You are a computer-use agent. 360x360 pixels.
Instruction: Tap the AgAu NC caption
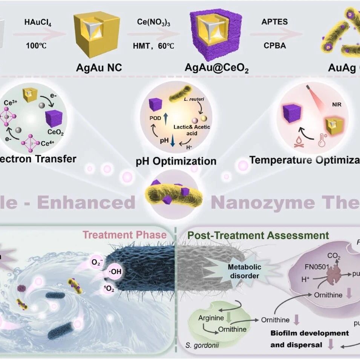click(x=100, y=68)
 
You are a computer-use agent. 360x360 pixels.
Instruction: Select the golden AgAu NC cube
click(x=97, y=34)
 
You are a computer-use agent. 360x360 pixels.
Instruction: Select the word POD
click(x=155, y=118)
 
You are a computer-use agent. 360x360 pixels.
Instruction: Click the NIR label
click(x=337, y=105)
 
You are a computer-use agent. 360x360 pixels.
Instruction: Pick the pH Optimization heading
click(x=176, y=162)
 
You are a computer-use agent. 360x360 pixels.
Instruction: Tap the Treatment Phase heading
click(x=124, y=235)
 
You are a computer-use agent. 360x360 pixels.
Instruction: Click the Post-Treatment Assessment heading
click(x=258, y=236)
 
